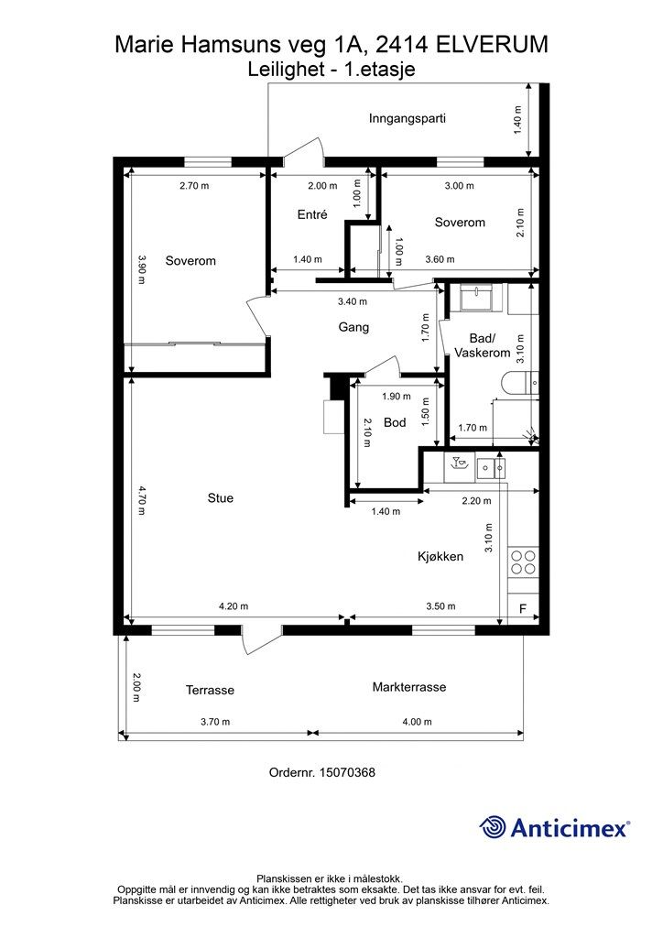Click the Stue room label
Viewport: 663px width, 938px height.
pos(220,497)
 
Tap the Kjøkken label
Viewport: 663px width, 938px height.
pos(440,556)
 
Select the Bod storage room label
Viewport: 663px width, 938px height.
pos(395,422)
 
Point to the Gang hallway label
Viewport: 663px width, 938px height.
pos(353,327)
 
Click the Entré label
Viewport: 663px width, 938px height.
pos(312,214)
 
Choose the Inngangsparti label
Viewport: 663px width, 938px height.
pos(408,118)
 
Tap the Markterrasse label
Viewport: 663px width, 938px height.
pos(409,687)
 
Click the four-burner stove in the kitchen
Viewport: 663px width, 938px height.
pos(523,562)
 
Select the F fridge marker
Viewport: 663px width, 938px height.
pos(523,609)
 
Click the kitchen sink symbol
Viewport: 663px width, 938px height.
pos(492,466)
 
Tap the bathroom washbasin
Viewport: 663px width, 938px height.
pos(476,297)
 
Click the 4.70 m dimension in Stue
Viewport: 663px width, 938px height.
pos(141,499)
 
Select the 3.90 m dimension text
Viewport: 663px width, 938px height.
pos(141,270)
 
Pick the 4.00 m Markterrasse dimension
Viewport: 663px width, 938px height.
pos(417,722)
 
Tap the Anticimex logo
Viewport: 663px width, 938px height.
pos(554,828)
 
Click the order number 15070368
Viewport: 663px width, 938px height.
pos(347,772)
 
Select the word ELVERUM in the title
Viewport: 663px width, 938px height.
pos(492,44)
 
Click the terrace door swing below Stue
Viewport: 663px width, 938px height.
pos(261,640)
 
